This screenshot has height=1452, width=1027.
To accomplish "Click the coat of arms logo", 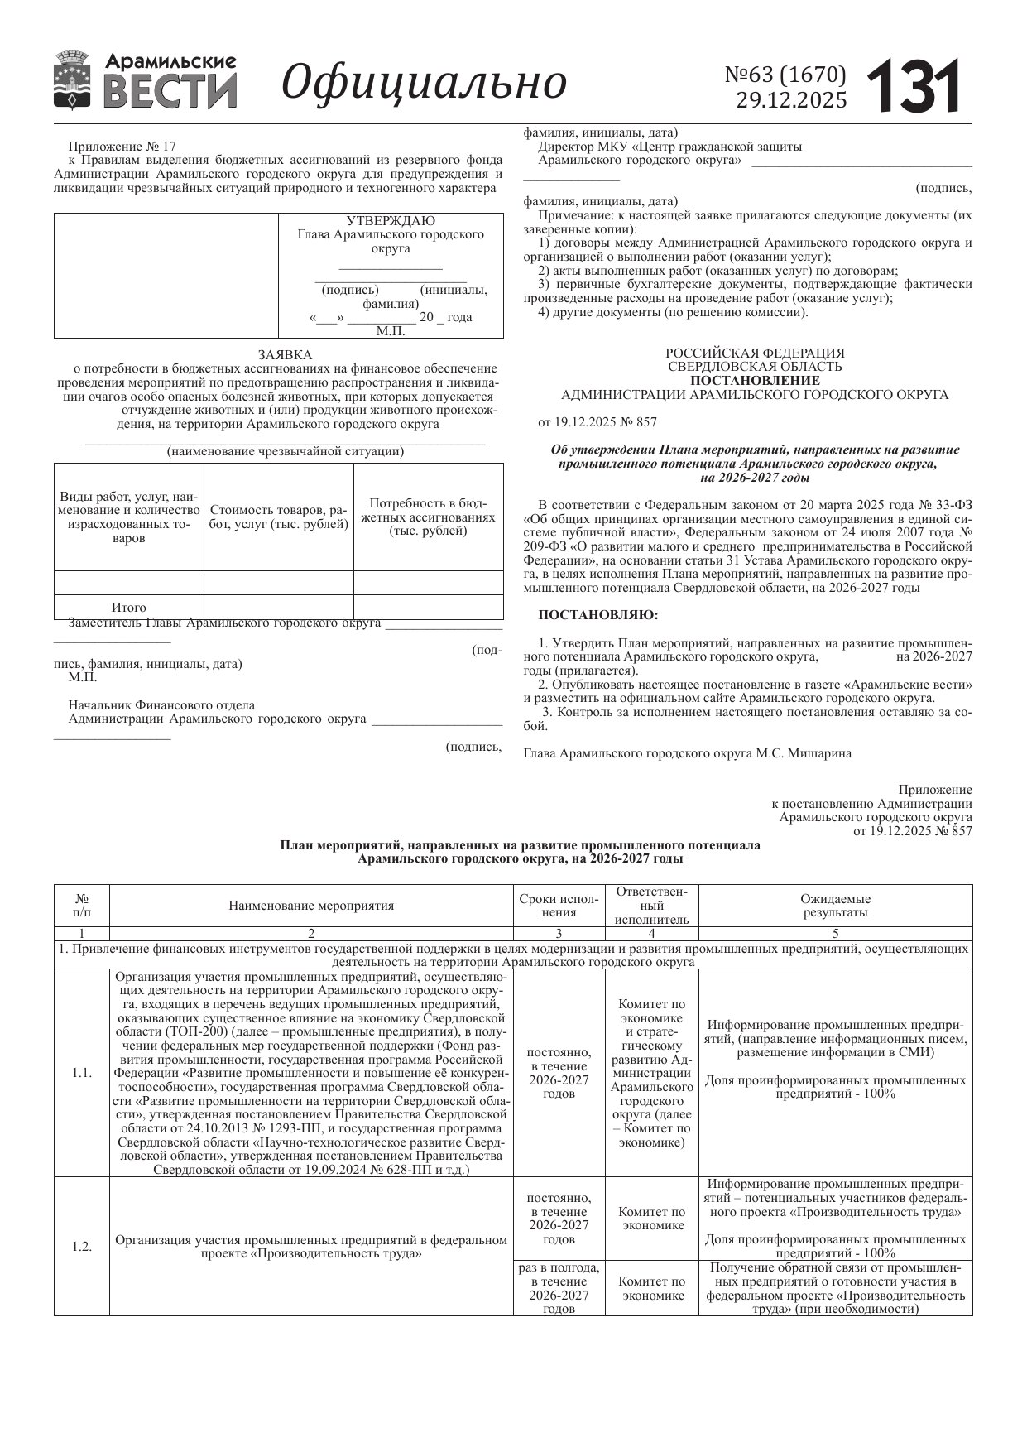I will point(73,81).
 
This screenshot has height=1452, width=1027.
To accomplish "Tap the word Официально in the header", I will point(425,83).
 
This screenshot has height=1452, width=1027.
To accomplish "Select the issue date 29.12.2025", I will point(791,100).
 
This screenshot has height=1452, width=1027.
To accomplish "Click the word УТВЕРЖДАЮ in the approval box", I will point(391,221).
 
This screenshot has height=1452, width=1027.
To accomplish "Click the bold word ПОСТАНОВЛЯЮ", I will point(598,615).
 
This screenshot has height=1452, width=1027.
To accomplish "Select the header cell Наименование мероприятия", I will point(311,906).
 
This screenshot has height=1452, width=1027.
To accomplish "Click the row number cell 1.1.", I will point(81,1073).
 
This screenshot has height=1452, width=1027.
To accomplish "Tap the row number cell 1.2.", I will point(81,1247).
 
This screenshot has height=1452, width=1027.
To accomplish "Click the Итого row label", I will point(128,607).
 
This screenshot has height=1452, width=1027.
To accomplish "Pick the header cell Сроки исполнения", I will point(559,906).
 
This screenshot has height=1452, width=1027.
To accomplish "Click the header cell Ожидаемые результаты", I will point(835,906).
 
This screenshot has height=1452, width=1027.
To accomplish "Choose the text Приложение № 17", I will point(122,146).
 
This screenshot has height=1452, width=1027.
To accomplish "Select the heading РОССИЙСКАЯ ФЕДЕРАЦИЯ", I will point(755,353).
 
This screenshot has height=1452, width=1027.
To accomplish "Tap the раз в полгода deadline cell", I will point(559,1288).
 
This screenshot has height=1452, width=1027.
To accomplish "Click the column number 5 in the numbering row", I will point(835,934).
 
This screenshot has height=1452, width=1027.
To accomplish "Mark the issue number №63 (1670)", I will point(785,75).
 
